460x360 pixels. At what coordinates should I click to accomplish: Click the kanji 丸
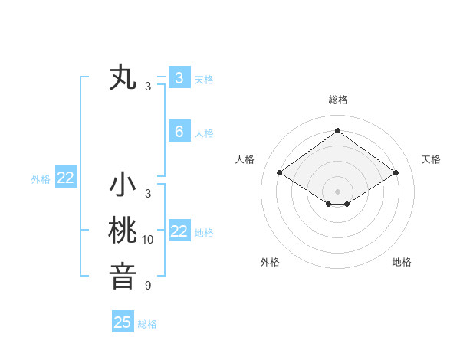[123, 78]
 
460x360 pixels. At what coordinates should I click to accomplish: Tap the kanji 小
[123, 185]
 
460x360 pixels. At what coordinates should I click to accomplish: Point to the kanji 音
[123, 276]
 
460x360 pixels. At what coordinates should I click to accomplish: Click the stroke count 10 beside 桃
[148, 240]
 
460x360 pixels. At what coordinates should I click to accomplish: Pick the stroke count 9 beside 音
[148, 286]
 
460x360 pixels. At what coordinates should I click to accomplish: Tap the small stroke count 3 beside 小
[148, 194]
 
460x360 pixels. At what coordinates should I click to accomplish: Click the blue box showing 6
[179, 132]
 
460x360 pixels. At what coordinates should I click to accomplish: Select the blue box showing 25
[123, 322]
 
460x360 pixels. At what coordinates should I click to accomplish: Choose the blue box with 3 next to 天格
[179, 77]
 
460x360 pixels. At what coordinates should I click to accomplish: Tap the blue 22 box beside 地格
[179, 231]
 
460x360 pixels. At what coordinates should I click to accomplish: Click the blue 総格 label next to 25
[147, 324]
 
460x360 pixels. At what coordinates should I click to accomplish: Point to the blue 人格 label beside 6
[204, 133]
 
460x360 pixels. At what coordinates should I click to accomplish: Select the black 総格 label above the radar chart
[337, 100]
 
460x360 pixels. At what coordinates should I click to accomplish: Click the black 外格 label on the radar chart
[270, 262]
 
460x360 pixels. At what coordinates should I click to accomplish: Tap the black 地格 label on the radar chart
[402, 262]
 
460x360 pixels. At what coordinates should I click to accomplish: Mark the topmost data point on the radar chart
[337, 131]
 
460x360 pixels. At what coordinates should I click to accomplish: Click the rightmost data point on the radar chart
[396, 173]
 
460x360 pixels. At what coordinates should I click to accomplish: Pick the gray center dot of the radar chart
[337, 191]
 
